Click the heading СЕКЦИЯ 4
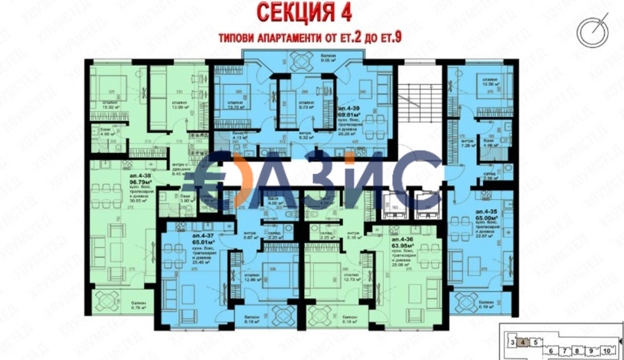[x=304, y=13]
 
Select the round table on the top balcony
[x=302, y=60]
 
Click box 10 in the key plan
[x=606, y=350]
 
